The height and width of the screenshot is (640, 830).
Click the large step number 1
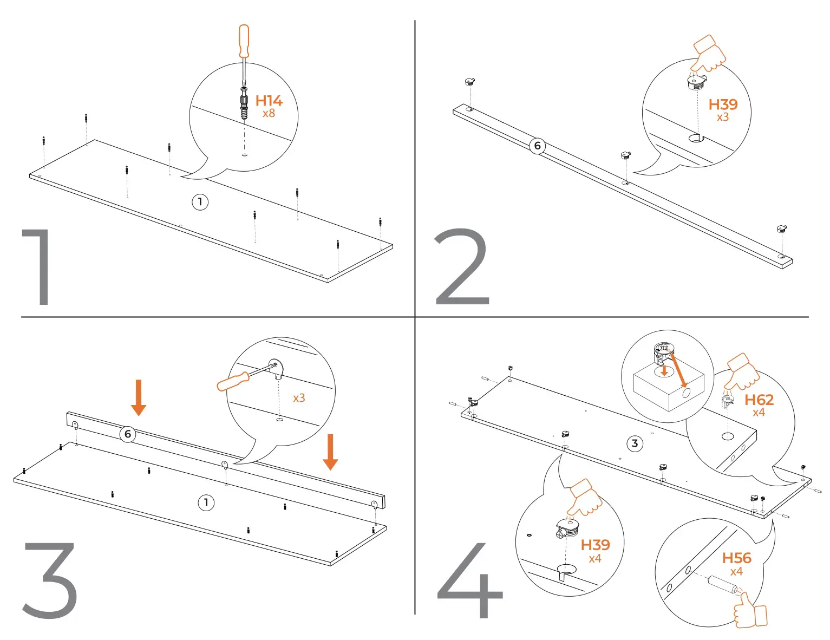coord(40,267)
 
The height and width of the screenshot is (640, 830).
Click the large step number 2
coord(462,267)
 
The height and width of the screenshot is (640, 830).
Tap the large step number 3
coord(50,580)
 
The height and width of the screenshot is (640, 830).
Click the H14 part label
coord(269,101)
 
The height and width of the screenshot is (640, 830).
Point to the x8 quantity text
coord(269,114)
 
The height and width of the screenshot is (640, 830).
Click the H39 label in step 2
coord(723,105)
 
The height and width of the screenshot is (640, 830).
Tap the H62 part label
coord(759,400)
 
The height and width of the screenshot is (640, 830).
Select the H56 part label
coord(736,558)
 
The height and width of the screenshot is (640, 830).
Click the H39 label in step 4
coord(595,545)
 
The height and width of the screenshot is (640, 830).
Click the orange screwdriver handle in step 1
coord(244,41)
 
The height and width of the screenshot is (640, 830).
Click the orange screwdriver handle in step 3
coord(233,381)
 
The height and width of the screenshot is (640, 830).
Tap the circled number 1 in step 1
coord(200,202)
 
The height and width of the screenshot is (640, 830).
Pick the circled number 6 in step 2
coord(537,146)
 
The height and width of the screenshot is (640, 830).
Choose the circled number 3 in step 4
coord(635,444)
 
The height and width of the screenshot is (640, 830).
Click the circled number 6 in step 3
coord(128,434)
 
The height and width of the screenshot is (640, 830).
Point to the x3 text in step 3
coord(299,398)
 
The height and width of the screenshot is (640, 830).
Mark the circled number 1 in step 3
coord(206,502)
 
